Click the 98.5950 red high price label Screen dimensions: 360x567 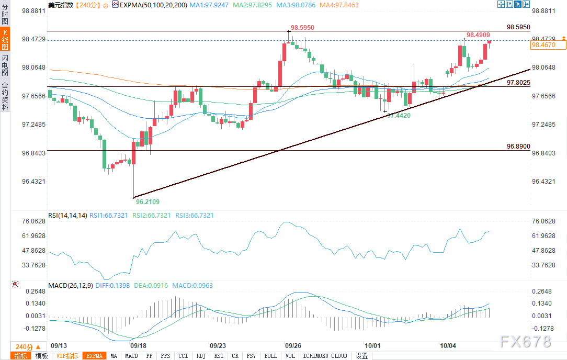303,27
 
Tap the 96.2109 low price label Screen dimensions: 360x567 148,201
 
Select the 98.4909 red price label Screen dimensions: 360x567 478,35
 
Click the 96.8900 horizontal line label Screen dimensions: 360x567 518,147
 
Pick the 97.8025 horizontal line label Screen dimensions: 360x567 518,83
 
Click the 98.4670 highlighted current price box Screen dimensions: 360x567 547,46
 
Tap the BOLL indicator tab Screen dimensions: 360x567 270,356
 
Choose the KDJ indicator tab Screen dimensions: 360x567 201,356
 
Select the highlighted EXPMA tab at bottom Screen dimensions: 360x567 95,356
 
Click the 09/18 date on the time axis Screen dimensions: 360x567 138,346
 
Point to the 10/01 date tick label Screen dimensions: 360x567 372,346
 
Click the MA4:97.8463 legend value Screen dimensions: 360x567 340,5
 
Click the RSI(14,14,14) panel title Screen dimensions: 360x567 67,215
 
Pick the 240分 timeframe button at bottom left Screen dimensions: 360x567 24,346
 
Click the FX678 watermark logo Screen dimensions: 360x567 525,342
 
